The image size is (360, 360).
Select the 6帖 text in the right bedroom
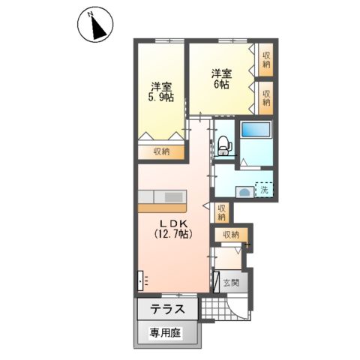220,85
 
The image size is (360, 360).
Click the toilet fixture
223,143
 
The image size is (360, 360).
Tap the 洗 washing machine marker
264,190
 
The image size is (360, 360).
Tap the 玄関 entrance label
232,283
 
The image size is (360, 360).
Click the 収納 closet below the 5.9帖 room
160,151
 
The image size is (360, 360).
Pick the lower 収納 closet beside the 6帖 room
266,97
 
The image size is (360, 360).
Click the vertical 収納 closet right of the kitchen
220,211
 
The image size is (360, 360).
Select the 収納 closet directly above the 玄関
230,235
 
